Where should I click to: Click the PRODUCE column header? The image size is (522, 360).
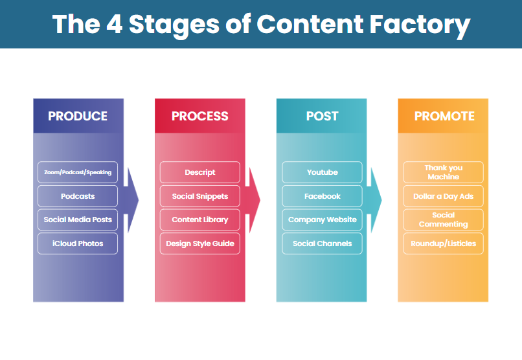click(x=78, y=116)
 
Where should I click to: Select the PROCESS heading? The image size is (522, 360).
click(x=199, y=116)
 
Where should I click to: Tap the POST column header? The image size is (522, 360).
click(x=322, y=116)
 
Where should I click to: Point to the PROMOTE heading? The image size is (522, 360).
click(x=444, y=116)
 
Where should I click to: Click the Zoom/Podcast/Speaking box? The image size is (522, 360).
click(x=78, y=172)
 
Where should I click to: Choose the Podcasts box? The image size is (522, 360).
click(x=78, y=196)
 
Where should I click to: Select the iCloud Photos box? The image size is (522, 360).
click(x=78, y=243)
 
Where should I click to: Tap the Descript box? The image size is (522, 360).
click(x=199, y=172)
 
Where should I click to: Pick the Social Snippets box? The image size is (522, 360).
click(x=199, y=196)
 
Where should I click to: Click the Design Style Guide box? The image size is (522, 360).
click(x=199, y=243)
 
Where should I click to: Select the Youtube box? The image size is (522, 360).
click(x=322, y=172)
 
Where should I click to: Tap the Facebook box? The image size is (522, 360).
click(x=322, y=196)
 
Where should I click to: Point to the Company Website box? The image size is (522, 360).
click(x=322, y=219)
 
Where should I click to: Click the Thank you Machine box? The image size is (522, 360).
click(x=443, y=172)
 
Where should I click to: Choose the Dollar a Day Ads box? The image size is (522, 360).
click(x=443, y=196)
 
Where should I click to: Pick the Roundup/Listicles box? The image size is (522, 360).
click(x=443, y=243)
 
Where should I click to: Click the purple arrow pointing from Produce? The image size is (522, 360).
click(x=131, y=200)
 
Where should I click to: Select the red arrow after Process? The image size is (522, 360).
click(x=253, y=200)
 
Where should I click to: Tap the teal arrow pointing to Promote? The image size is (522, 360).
click(x=374, y=200)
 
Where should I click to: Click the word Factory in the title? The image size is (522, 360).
click(x=420, y=25)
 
